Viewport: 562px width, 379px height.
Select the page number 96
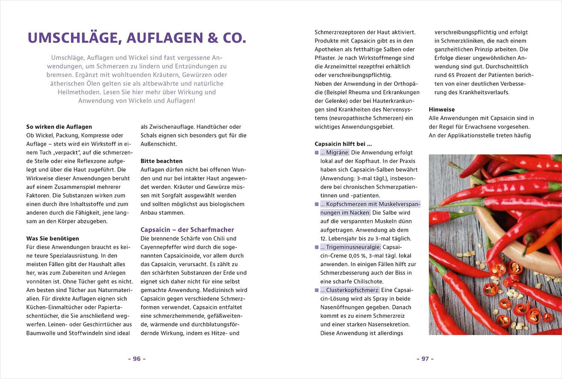click(137, 359)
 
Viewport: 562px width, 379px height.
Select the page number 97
click(425, 359)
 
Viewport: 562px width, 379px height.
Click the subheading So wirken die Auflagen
click(59, 126)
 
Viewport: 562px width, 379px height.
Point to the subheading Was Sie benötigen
click(53, 238)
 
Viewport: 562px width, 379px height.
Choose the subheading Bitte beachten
click(162, 161)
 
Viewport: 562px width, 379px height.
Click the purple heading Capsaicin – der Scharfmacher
click(187, 229)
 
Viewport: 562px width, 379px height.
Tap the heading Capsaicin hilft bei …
click(343, 144)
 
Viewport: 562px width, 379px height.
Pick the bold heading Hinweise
click(442, 109)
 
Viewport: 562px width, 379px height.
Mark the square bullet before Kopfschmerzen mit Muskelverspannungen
click(317, 204)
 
